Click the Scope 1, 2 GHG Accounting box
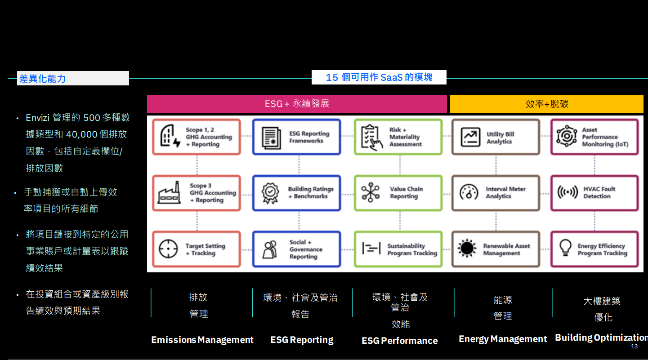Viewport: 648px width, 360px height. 197,137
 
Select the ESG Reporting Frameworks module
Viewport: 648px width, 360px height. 296,137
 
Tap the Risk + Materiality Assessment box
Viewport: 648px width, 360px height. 398,137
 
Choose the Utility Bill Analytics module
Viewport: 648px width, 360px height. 496,137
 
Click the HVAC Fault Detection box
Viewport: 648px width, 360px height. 594,192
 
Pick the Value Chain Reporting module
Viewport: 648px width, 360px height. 398,192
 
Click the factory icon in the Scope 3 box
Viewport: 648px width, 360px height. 169,192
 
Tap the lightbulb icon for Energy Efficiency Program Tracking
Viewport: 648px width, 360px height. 565,248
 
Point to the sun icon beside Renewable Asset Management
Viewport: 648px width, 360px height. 467,248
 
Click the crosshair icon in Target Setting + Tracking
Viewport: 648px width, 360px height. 168,249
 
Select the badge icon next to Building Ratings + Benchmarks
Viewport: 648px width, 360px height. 270,193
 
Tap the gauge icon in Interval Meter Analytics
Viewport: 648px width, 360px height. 469,192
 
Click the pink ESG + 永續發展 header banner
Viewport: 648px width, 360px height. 297,103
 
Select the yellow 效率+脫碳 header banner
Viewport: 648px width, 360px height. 547,104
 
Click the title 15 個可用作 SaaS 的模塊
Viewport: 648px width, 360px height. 379,77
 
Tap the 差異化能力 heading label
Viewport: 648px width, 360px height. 43,79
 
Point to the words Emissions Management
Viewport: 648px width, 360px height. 202,340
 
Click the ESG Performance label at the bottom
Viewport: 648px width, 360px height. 399,341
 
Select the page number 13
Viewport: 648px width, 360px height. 634,347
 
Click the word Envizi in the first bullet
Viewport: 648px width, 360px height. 38,118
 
